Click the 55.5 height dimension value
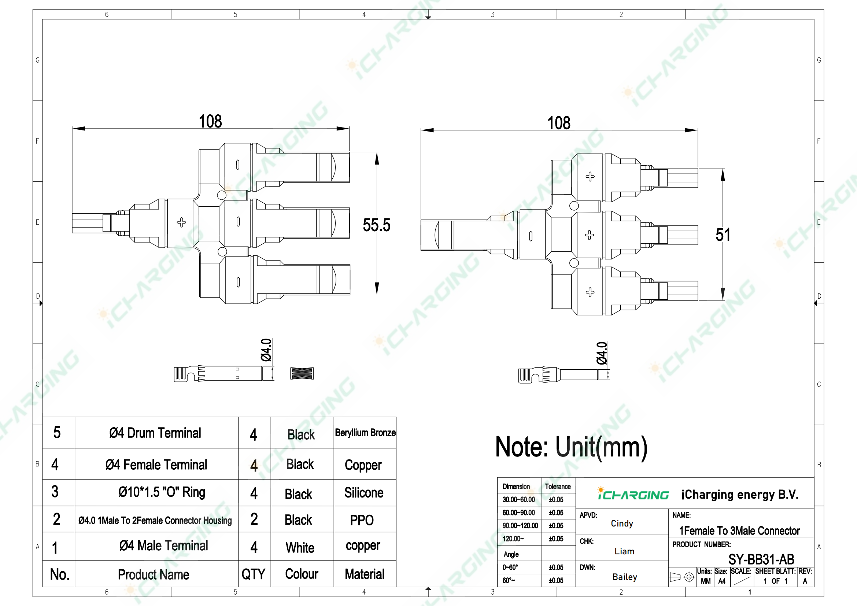click(376, 225)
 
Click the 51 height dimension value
click(723, 235)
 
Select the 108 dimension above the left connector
click(210, 121)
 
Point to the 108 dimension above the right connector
click(559, 123)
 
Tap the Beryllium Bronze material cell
click(365, 432)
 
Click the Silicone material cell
click(364, 492)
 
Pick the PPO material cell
click(362, 520)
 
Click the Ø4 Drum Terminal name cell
click(155, 433)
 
